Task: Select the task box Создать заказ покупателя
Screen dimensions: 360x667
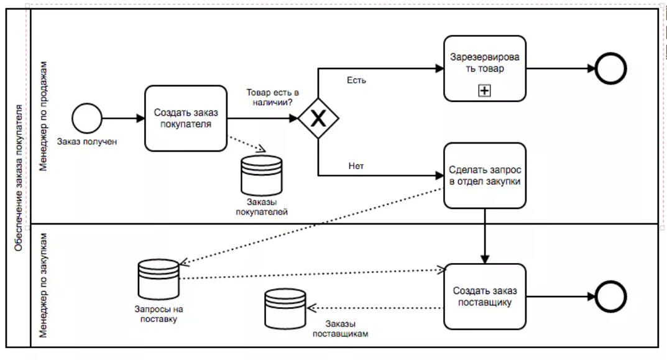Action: [185, 118]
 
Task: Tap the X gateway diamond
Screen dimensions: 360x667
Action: [318, 118]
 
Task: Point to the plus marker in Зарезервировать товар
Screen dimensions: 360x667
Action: [484, 91]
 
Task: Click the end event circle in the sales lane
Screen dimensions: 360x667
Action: [611, 68]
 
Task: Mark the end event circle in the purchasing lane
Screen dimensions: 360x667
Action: [611, 297]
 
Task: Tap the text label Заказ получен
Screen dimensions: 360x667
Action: [87, 141]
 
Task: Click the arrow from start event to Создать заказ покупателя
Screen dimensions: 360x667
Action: [122, 118]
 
